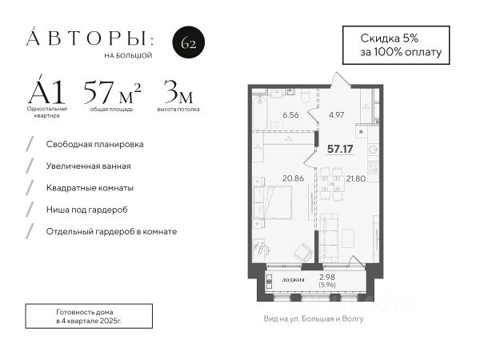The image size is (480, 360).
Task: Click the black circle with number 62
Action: coord(189,42)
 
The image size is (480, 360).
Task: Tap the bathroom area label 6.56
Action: coord(290,115)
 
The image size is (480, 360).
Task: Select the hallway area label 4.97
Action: coord(336,115)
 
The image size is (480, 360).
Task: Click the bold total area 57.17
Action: coord(340,149)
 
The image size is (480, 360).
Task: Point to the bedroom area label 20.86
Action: coord(294,178)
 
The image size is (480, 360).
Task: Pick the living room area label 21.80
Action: coord(356,178)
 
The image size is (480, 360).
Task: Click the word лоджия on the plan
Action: coord(293,279)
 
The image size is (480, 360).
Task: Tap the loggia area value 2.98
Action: coord(327,278)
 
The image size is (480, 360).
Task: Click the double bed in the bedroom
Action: coord(272,202)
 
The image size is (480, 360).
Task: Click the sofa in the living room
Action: coord(329,238)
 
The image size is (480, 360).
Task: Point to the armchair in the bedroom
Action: coord(303,252)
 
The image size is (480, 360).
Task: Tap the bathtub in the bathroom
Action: coord(260,112)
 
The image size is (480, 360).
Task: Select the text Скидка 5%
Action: coord(390,38)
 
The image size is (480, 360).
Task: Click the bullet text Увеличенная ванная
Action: coord(89,166)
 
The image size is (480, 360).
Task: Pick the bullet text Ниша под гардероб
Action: coord(87,210)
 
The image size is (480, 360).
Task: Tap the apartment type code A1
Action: coord(46,90)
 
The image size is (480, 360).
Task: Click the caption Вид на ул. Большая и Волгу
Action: coord(314,319)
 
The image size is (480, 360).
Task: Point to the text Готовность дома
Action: coord(85,312)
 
